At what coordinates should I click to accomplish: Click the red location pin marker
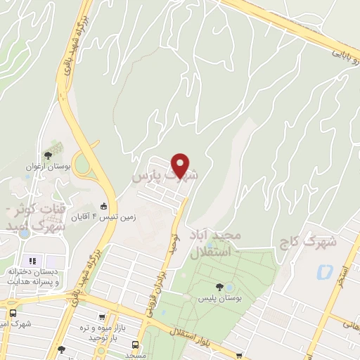[181, 166]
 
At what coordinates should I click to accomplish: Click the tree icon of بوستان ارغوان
[48, 155]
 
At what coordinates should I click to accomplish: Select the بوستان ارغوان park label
[40, 167]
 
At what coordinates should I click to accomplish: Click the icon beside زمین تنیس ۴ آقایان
[104, 207]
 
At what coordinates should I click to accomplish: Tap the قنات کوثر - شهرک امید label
[39, 218]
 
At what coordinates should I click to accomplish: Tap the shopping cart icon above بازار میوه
[103, 317]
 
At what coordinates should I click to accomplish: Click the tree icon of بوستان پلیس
[220, 287]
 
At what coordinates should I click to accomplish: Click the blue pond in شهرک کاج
[324, 271]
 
